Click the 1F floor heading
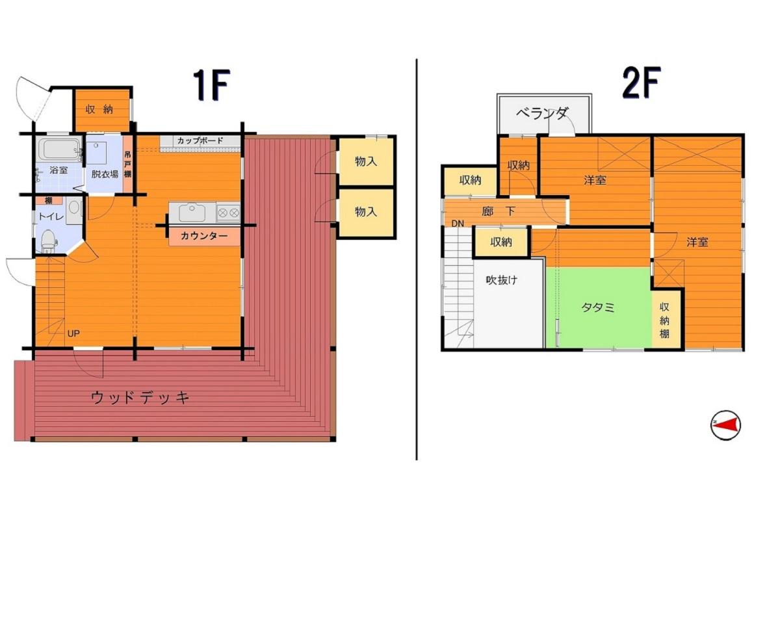point(212,85)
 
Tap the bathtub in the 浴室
point(60,149)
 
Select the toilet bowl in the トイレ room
point(48,240)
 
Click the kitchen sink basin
point(192,213)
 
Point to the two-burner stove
point(228,213)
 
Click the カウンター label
point(204,236)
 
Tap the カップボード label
point(200,140)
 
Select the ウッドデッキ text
point(140,398)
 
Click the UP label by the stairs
point(73,333)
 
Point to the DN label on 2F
point(458,224)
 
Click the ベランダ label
point(542,114)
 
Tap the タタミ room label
point(598,307)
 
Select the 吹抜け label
point(502,280)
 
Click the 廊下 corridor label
point(498,211)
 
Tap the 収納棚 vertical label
point(664,320)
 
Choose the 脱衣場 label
point(105,174)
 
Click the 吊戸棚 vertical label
point(127,164)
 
